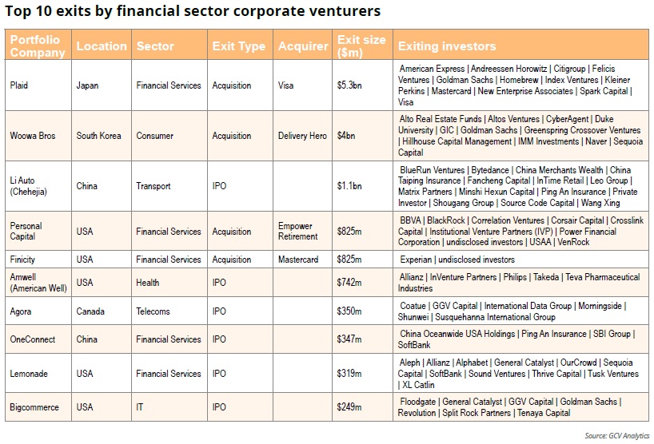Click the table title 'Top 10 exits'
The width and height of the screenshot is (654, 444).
pos(193,11)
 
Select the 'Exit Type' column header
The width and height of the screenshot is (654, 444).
pos(238,46)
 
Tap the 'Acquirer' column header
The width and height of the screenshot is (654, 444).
pos(303,46)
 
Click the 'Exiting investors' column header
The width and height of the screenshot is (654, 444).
pos(447,46)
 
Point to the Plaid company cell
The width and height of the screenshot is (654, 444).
pos(19,85)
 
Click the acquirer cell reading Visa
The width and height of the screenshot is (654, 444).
pos(286,85)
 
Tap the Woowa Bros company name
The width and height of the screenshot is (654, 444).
pos(33,136)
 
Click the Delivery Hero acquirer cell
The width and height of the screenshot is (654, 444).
pos(302,136)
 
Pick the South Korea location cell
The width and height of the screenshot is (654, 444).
pos(98,136)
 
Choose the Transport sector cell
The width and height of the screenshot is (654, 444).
pos(154,186)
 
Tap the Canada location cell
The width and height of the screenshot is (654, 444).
pos(90,311)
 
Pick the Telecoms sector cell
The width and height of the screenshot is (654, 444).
pos(154,311)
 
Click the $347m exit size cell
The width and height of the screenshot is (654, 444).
pos(349,339)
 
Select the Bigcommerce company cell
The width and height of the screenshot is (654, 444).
pos(34,407)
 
